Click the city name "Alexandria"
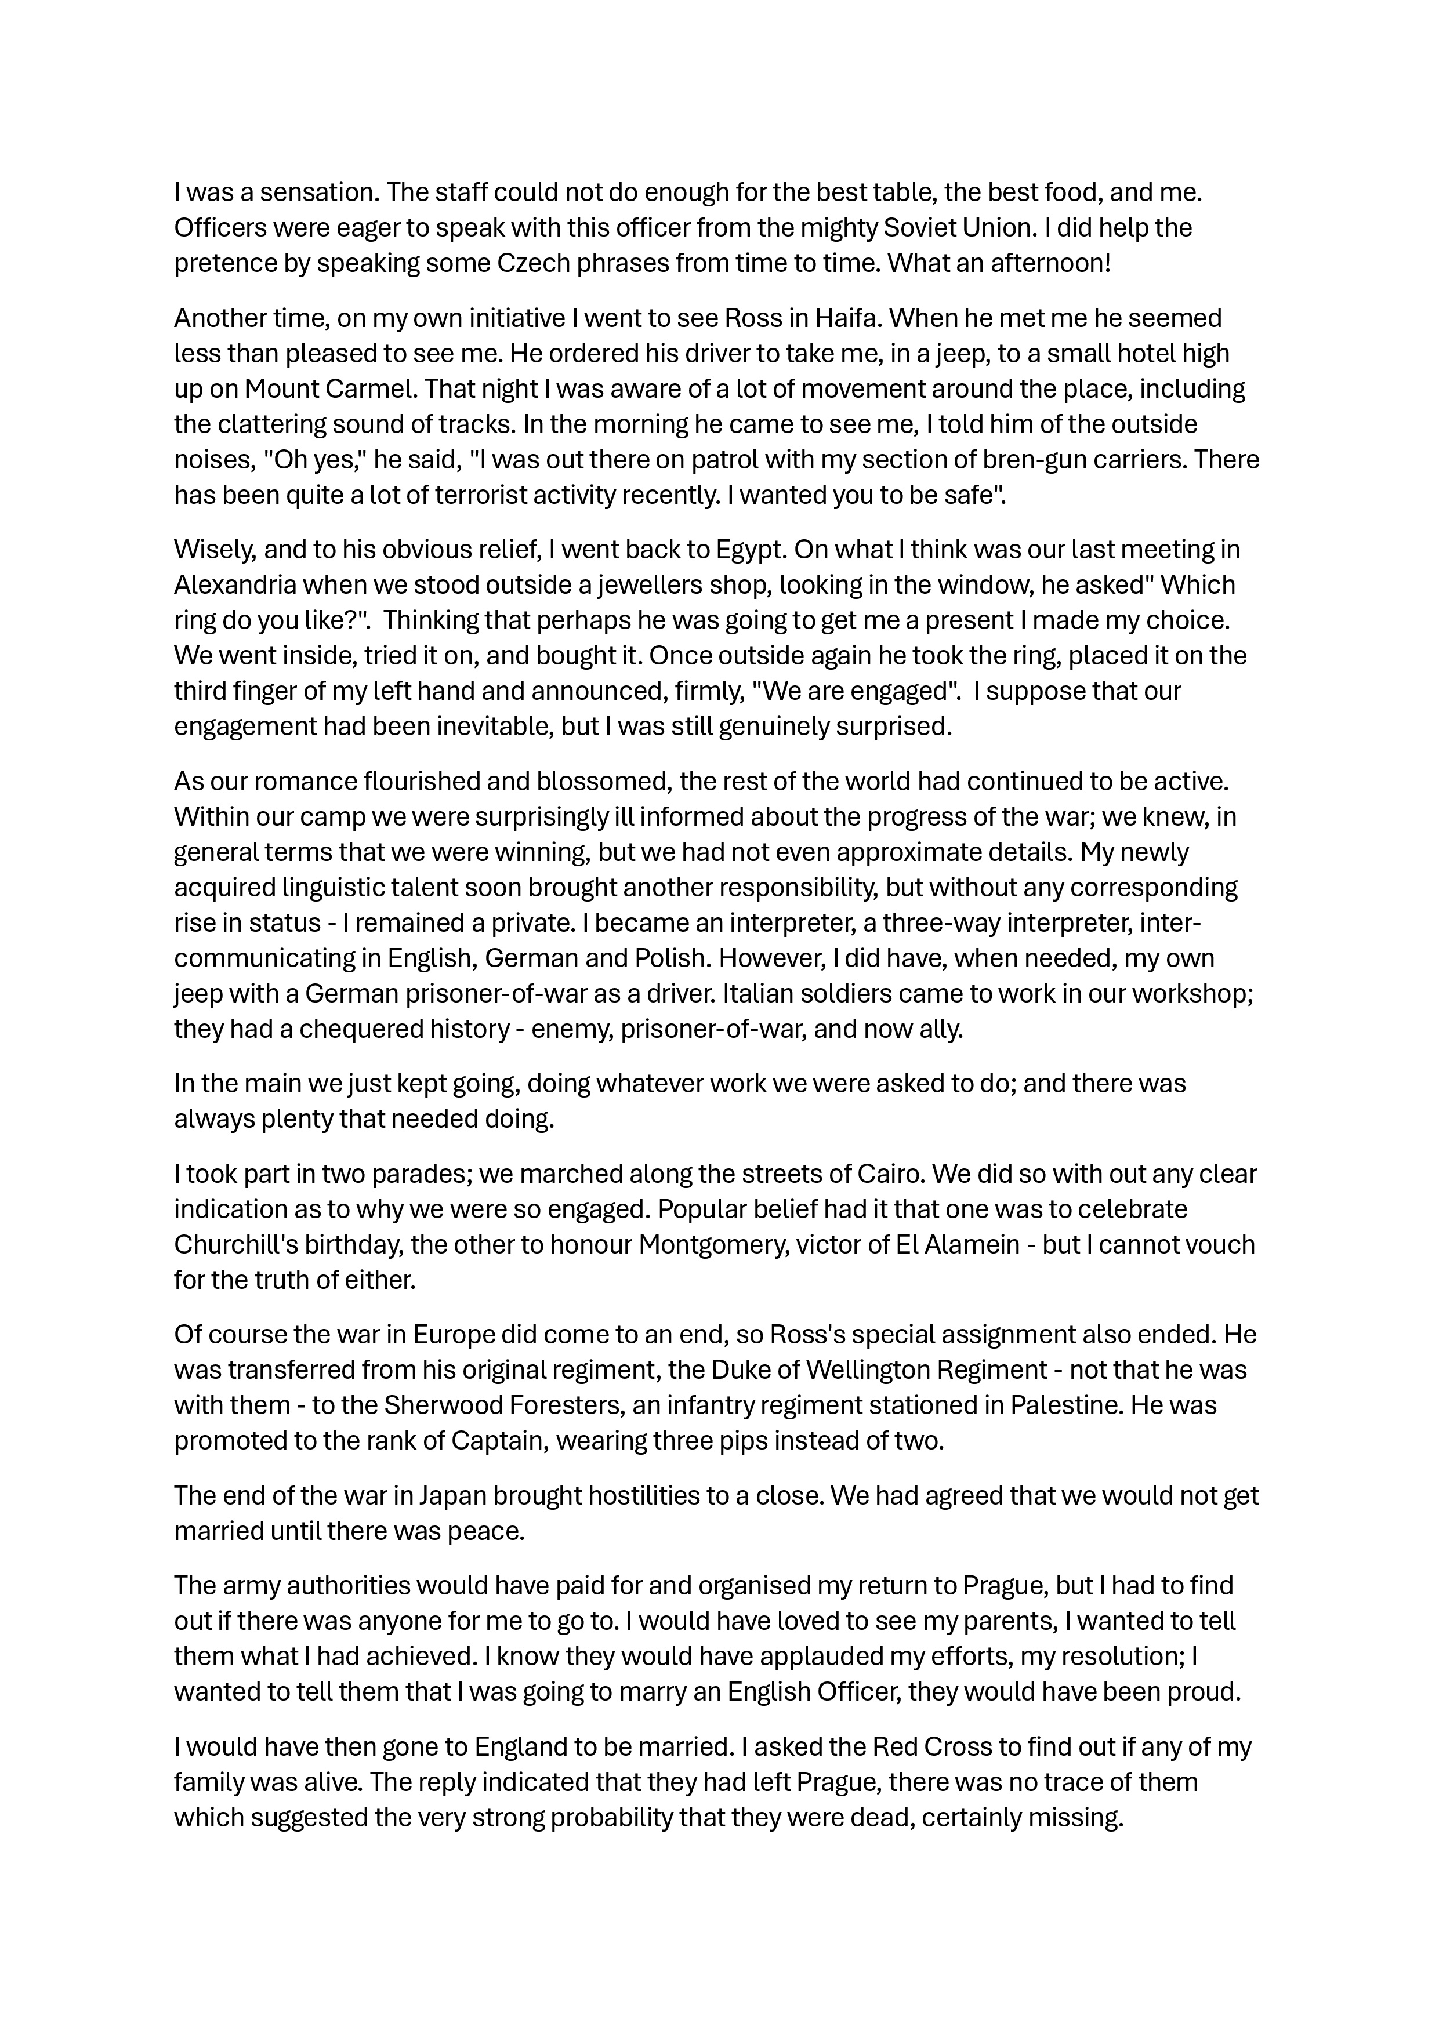(x=234, y=586)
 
